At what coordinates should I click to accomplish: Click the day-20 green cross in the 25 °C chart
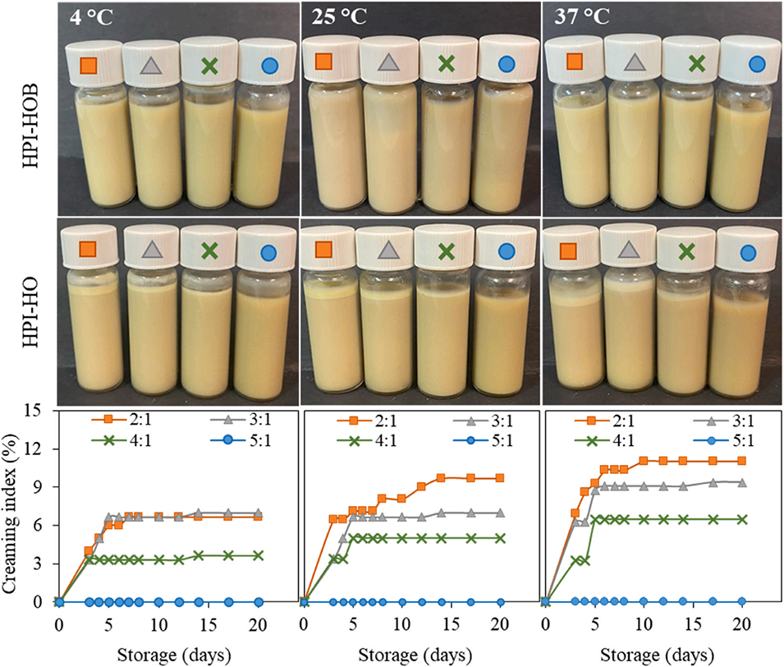(500, 538)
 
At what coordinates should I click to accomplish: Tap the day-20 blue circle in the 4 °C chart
(259, 601)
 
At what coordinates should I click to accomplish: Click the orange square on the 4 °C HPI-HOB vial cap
(89, 65)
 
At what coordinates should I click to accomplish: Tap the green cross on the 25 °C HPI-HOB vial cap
(446, 63)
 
